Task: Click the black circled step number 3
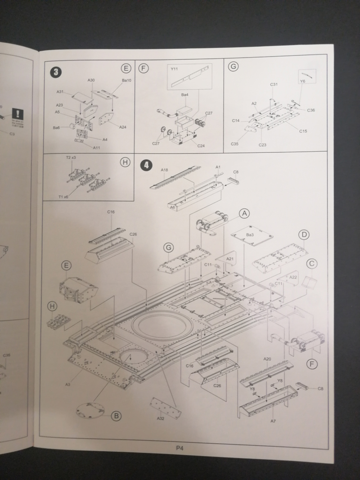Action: point(55,72)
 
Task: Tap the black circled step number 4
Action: point(147,165)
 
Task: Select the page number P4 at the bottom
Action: point(180,448)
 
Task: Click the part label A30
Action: point(91,80)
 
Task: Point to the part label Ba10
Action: point(126,80)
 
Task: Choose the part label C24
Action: point(201,145)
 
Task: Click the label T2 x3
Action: point(71,158)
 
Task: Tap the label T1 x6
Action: point(64,197)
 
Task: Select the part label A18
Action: point(165,170)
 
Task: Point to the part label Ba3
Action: point(251,235)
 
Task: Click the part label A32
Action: point(161,418)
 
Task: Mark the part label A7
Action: point(273,421)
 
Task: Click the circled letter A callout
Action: point(244,214)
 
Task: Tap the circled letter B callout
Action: point(116,416)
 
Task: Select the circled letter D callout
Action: point(305,234)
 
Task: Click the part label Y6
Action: point(302,81)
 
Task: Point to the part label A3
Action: point(68,384)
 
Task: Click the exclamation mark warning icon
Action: point(17,114)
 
